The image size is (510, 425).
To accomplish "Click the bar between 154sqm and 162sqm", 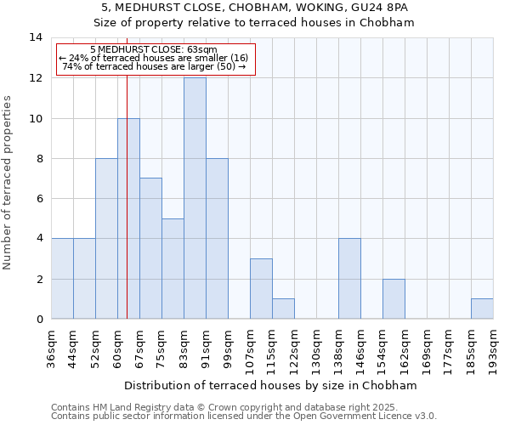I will (394, 298).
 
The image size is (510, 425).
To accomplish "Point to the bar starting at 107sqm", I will (261, 289).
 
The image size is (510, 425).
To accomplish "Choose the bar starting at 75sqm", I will (173, 269).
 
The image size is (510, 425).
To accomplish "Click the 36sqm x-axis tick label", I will (52, 347).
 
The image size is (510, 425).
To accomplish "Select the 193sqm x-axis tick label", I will (494, 347).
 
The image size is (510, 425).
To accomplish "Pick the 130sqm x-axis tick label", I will (317, 347).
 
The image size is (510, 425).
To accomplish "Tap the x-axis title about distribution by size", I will (272, 385).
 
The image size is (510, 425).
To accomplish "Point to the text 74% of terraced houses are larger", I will (154, 66).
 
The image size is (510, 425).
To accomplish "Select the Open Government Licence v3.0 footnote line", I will (244, 416).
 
